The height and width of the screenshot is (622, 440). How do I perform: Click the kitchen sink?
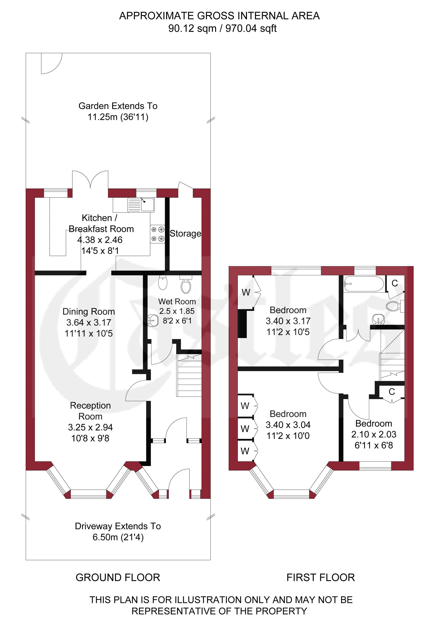tap(141, 205)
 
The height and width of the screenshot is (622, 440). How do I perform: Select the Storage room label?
tap(185, 234)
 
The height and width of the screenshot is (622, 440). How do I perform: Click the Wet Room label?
tap(177, 302)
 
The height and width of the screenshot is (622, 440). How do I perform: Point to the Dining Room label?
tap(89, 312)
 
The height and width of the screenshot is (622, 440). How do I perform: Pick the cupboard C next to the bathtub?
tap(395, 283)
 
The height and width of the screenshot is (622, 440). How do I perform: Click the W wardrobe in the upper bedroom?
tap(246, 292)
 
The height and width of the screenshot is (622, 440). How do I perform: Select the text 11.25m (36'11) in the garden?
tap(118, 117)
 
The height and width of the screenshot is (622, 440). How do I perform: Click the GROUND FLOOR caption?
tap(118, 577)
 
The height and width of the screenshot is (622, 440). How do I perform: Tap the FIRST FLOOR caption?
tap(321, 577)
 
